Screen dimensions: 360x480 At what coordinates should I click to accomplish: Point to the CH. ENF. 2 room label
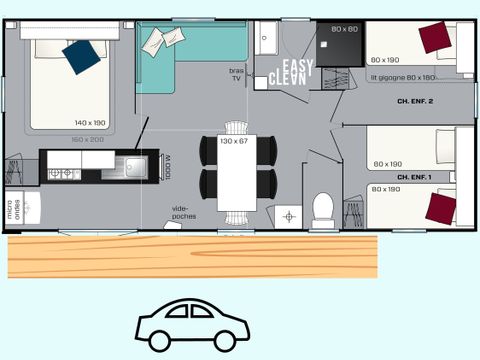pyautogui.click(x=416, y=101)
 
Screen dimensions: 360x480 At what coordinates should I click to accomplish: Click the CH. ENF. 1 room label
pyautogui.click(x=416, y=176)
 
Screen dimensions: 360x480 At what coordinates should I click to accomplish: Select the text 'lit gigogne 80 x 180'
pyautogui.click(x=402, y=77)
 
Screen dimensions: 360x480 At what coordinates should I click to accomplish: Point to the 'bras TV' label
pyautogui.click(x=237, y=73)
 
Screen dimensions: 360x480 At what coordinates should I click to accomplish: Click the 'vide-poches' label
pyautogui.click(x=184, y=211)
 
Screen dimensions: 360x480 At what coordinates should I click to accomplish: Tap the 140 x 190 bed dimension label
pyautogui.click(x=90, y=122)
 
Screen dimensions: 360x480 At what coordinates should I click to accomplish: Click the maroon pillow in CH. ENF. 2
pyautogui.click(x=434, y=39)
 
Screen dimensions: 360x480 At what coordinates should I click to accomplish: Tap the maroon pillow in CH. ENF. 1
pyautogui.click(x=441, y=209)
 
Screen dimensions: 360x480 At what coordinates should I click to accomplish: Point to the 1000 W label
pyautogui.click(x=166, y=166)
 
